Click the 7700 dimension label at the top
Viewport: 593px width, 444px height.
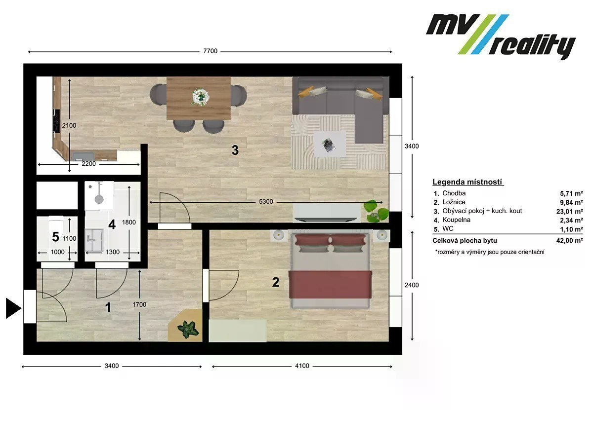[210, 51]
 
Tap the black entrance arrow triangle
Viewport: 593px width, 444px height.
[13, 308]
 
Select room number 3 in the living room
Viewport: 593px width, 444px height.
[235, 150]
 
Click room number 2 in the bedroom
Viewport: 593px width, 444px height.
[276, 282]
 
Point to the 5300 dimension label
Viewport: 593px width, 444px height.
[266, 202]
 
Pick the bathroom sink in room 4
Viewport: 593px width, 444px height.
[94, 240]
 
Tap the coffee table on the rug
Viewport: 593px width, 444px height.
[330, 144]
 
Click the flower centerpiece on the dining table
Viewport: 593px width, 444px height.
[201, 96]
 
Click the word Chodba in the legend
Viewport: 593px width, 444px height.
[454, 193]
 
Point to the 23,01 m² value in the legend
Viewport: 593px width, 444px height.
[569, 211]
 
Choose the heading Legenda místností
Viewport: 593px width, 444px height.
[467, 182]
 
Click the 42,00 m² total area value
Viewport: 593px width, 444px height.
[569, 240]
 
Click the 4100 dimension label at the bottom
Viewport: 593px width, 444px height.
[302, 366]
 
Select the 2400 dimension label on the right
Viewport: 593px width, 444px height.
[412, 285]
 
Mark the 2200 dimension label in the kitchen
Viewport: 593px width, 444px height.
[88, 164]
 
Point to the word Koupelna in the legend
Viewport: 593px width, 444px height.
[456, 220]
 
